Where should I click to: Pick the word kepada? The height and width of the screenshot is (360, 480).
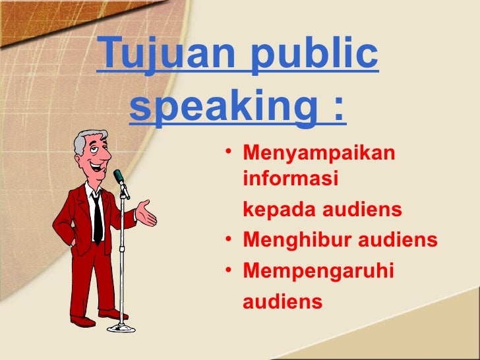click(280, 210)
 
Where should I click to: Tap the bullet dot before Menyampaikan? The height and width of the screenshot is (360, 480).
click(227, 156)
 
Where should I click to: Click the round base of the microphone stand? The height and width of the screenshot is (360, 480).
click(121, 327)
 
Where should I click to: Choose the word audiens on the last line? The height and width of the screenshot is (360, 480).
click(283, 302)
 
